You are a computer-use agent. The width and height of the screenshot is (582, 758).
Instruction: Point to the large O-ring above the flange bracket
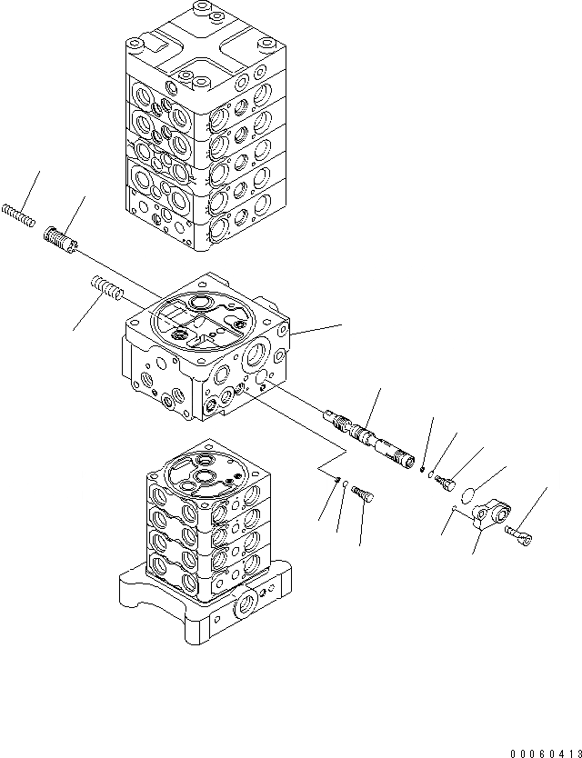[467, 494]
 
